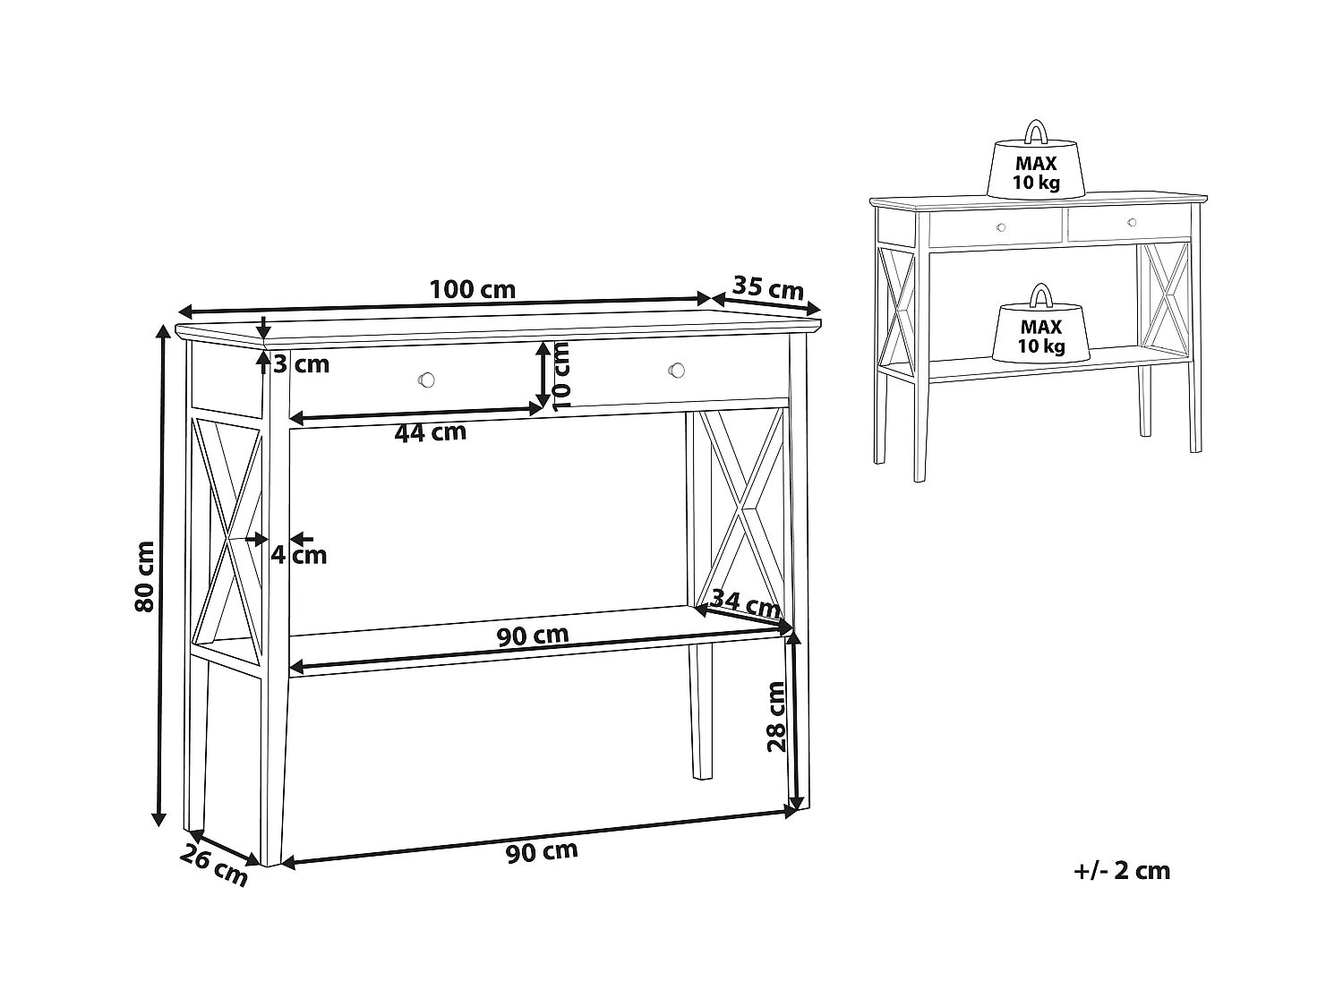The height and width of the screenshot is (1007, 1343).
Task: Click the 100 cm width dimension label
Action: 473,289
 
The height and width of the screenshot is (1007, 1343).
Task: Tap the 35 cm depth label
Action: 768,287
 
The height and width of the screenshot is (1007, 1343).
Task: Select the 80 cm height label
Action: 144,576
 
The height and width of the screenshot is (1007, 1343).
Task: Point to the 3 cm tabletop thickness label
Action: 301,364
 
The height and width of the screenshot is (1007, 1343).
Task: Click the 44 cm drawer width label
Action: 430,433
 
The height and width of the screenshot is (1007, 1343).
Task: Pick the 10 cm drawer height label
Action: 561,376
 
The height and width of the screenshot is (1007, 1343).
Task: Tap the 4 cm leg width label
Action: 298,555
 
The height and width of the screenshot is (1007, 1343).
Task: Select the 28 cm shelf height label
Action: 776,717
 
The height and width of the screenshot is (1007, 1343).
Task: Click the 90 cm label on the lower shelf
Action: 533,636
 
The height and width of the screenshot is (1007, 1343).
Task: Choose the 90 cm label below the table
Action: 542,852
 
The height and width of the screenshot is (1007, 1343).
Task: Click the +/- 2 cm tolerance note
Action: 1122,871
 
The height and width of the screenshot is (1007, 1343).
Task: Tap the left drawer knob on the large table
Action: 426,380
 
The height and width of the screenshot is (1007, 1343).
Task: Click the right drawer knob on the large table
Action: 676,370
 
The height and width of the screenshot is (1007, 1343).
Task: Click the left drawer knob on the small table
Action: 1001,227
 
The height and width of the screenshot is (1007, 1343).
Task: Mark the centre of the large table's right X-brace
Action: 741,507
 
